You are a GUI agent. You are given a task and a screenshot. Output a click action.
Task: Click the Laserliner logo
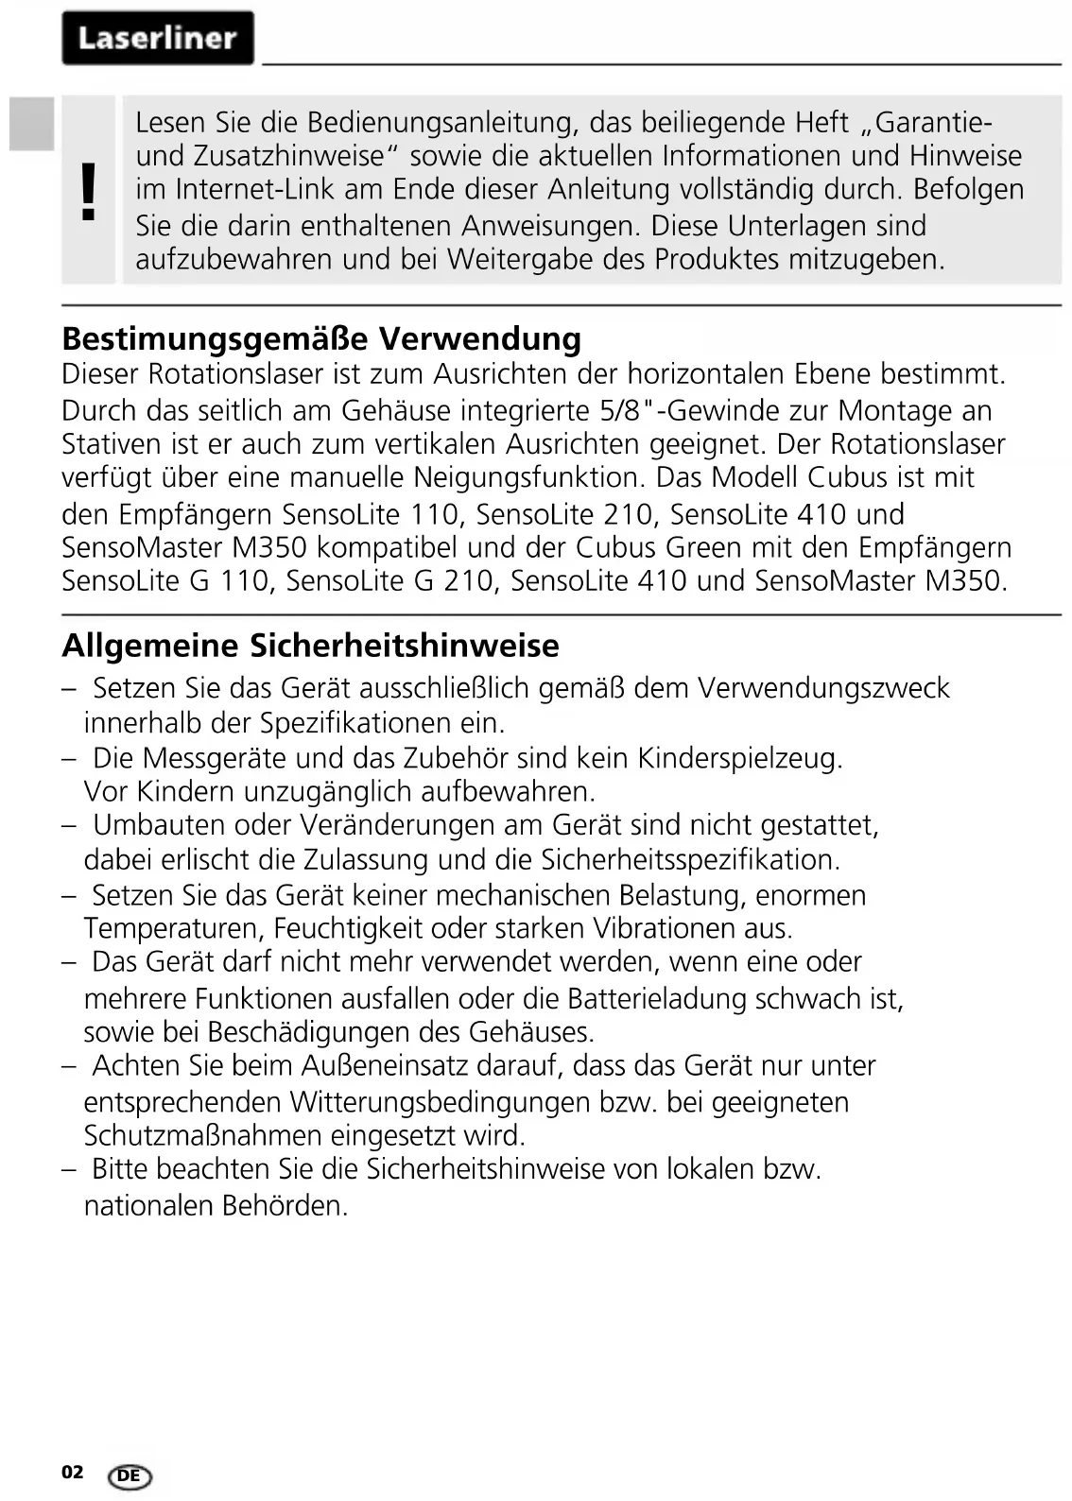pos(158,38)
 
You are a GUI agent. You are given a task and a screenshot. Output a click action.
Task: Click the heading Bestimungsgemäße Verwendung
pos(321,337)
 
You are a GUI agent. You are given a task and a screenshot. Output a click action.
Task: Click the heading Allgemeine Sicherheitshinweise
pos(310,646)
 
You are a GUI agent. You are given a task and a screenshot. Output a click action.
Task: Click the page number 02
pos(72,1472)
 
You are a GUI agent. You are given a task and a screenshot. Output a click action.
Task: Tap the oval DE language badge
pos(130,1476)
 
